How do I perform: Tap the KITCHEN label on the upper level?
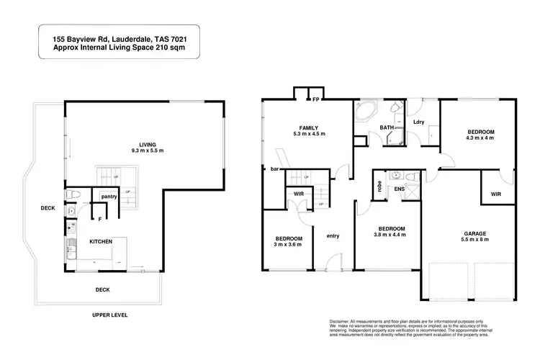coord(100,242)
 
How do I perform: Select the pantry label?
coord(109,196)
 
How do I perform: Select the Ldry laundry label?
coord(418,121)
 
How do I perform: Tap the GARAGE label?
coord(476,233)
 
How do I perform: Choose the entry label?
coord(333,235)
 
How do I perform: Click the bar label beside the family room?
coord(274,170)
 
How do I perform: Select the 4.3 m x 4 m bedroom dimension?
coord(480,139)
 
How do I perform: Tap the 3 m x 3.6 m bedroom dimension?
coord(288,246)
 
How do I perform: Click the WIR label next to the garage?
coord(496,194)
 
